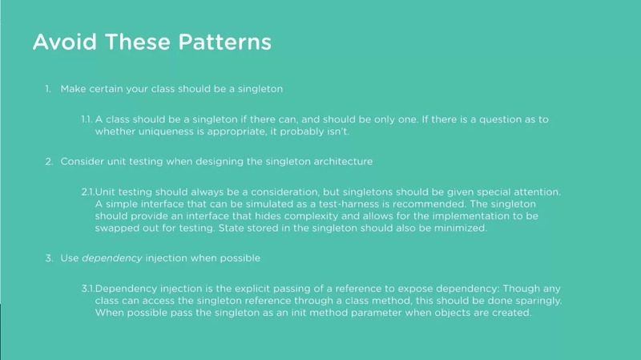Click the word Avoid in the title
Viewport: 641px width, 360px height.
click(65, 42)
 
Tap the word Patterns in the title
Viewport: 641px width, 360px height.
click(225, 42)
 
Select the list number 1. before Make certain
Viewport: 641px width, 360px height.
click(48, 89)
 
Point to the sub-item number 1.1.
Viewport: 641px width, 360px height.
click(87, 119)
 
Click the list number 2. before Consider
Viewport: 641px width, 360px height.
click(49, 162)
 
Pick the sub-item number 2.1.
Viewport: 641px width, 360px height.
click(88, 192)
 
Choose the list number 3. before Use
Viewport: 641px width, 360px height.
click(49, 258)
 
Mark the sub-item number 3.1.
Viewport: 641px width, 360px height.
click(88, 289)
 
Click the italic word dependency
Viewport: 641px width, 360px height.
click(112, 258)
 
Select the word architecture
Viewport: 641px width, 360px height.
click(343, 162)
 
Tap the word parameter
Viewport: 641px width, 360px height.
click(370, 313)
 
